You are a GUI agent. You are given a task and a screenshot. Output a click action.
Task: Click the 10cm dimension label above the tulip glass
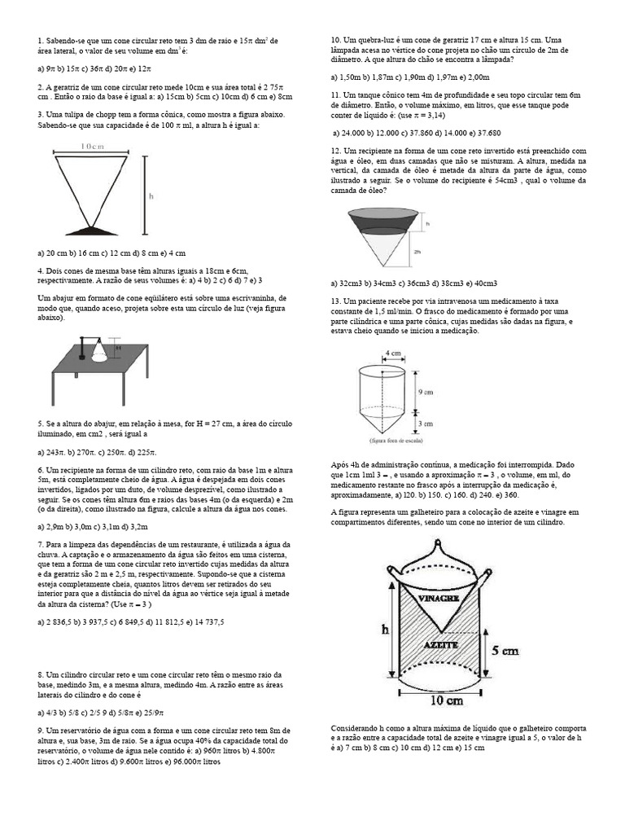(x=96, y=147)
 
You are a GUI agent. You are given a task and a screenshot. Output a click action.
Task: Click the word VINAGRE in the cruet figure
(x=440, y=598)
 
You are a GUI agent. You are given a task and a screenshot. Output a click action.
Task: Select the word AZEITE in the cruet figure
(x=440, y=643)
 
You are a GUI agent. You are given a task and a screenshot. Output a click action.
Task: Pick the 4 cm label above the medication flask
(x=393, y=353)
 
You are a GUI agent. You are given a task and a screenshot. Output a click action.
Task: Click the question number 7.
(x=40, y=543)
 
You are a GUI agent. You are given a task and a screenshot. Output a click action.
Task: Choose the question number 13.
(x=335, y=301)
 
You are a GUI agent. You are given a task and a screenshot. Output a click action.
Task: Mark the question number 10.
(x=335, y=40)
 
